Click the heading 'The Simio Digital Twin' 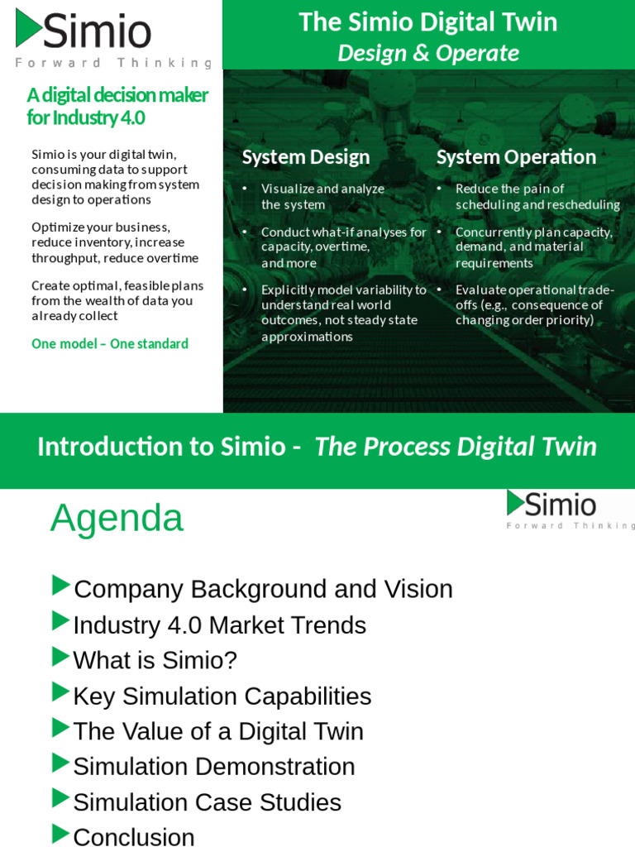427,22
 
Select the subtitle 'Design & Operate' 427,53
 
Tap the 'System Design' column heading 305,157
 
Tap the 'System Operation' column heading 516,157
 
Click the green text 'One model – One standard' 110,343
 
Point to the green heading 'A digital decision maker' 117,95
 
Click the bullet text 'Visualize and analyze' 322,189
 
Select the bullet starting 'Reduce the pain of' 509,189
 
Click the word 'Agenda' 117,519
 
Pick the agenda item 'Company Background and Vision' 263,589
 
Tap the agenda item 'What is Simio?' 155,660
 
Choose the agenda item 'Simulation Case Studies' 207,802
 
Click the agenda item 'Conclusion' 134,836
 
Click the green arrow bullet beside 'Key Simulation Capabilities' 60,692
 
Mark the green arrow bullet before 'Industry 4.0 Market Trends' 60,621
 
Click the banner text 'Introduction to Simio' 161,447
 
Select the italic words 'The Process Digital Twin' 456,447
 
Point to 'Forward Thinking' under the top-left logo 113,63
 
